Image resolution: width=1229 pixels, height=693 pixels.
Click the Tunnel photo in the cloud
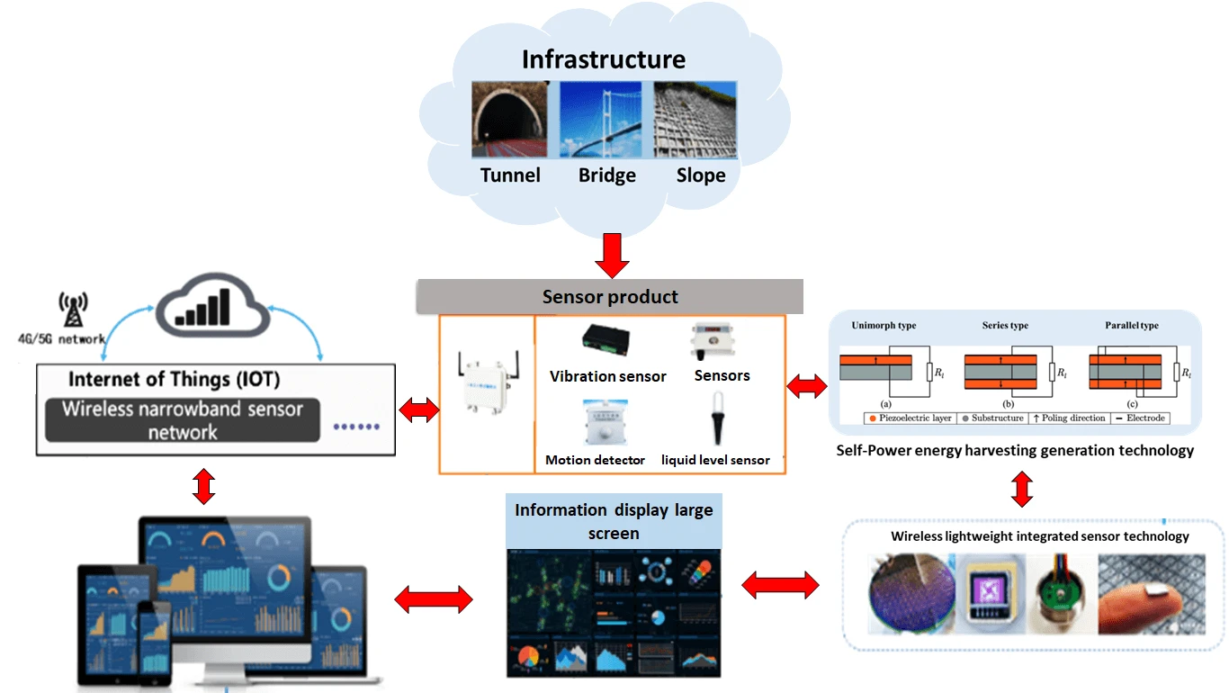coord(509,120)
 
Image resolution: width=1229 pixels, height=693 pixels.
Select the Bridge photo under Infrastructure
coord(606,120)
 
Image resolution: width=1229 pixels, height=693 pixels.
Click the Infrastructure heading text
coord(604,60)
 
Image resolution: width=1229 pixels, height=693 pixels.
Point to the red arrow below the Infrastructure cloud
coord(613,256)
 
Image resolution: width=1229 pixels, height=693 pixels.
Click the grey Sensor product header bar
coord(609,296)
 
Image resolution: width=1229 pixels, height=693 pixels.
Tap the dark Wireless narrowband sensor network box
coord(183,420)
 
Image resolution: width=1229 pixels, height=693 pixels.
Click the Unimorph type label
coord(884,326)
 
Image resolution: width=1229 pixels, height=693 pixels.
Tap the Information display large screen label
coord(614,521)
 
